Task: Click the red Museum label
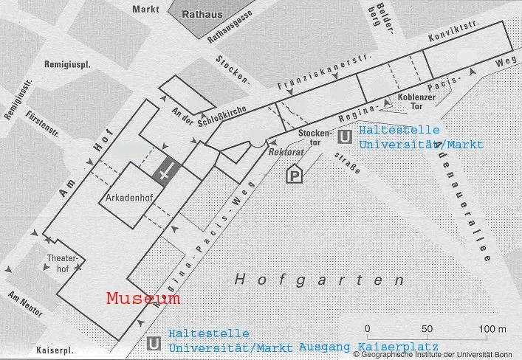point(143,299)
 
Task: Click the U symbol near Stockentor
point(344,136)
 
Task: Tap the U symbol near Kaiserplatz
point(154,343)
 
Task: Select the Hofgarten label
point(320,280)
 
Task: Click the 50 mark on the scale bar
point(426,328)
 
